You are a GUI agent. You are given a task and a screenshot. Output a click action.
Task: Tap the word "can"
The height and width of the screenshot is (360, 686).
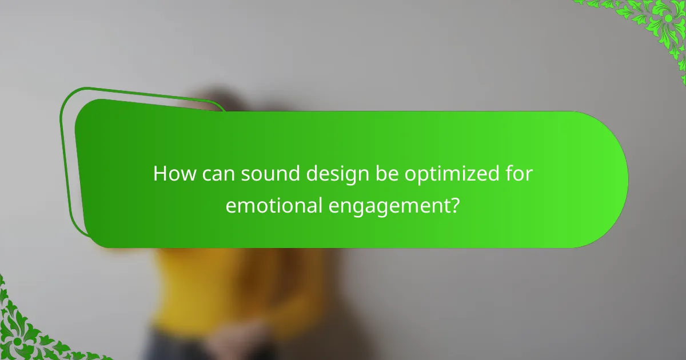point(216,174)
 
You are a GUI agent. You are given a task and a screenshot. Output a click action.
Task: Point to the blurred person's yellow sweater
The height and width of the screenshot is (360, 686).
point(189,286)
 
